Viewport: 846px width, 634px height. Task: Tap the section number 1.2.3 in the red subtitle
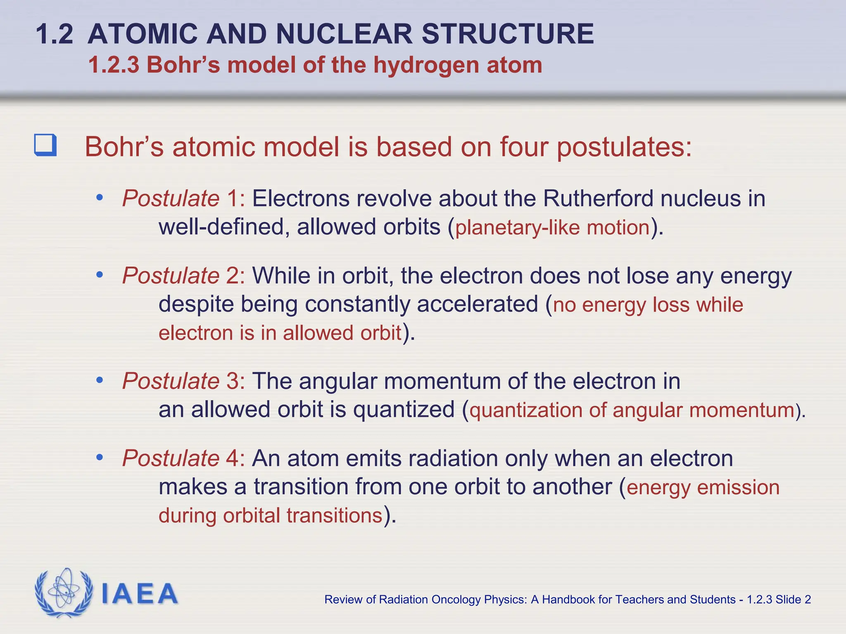coord(114,65)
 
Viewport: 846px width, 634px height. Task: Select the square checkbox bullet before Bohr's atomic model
coord(45,145)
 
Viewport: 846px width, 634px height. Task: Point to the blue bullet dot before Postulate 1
coord(99,198)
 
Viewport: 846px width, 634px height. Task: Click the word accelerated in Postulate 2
coord(477,305)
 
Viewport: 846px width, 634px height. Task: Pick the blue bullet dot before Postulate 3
coord(99,380)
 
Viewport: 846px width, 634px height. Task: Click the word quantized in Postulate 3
coord(404,410)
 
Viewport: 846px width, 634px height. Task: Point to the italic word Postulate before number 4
coord(171,459)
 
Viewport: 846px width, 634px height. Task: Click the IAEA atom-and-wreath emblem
coord(64,593)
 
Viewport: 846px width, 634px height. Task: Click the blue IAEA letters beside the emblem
coord(139,594)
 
